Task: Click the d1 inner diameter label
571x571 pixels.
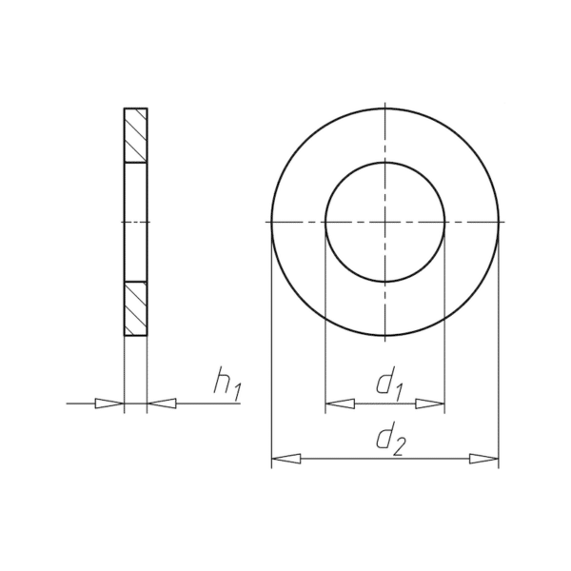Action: click(389, 384)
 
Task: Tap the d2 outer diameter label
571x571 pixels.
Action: click(390, 439)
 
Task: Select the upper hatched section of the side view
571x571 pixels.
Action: click(135, 135)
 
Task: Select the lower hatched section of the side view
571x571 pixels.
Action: click(135, 308)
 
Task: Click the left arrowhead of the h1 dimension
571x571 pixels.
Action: click(109, 404)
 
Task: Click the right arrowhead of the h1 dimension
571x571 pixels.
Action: click(162, 404)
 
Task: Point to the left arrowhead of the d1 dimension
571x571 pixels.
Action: click(340, 404)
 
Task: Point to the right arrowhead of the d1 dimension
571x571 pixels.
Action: click(430, 404)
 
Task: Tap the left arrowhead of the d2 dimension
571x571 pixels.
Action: click(286, 459)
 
